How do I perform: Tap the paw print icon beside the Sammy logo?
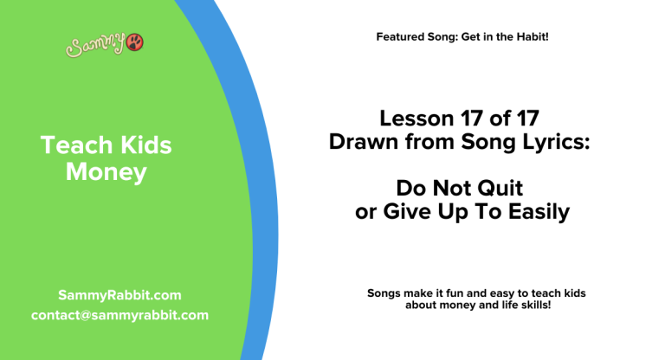pos(135,42)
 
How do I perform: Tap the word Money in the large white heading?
pos(106,172)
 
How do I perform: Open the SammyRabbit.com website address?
pos(119,295)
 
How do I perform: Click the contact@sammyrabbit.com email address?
pos(119,315)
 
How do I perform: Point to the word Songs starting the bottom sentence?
pos(384,293)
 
